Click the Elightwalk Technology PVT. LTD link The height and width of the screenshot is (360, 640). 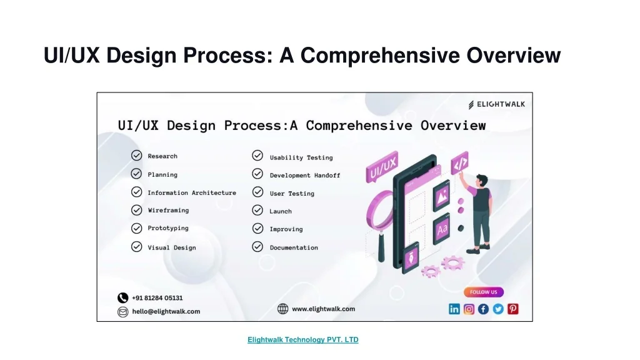[303, 340]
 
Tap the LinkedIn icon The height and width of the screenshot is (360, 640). [454, 309]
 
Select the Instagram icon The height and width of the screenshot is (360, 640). [469, 309]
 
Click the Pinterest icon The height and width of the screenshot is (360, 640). [513, 309]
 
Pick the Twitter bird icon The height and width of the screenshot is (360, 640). [498, 309]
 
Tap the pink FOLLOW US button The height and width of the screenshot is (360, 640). [484, 292]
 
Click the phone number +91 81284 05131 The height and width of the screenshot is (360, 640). [157, 298]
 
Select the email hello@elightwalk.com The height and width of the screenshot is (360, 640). [166, 311]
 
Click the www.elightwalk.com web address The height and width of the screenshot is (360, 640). [323, 309]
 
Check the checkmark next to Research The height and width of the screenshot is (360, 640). [136, 156]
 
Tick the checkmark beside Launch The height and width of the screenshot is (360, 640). [257, 211]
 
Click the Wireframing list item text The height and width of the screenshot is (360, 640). [168, 211]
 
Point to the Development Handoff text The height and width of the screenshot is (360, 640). [305, 176]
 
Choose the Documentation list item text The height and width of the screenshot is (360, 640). [294, 247]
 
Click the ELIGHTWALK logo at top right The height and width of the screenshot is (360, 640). [497, 105]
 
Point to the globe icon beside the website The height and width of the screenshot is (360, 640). [283, 309]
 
